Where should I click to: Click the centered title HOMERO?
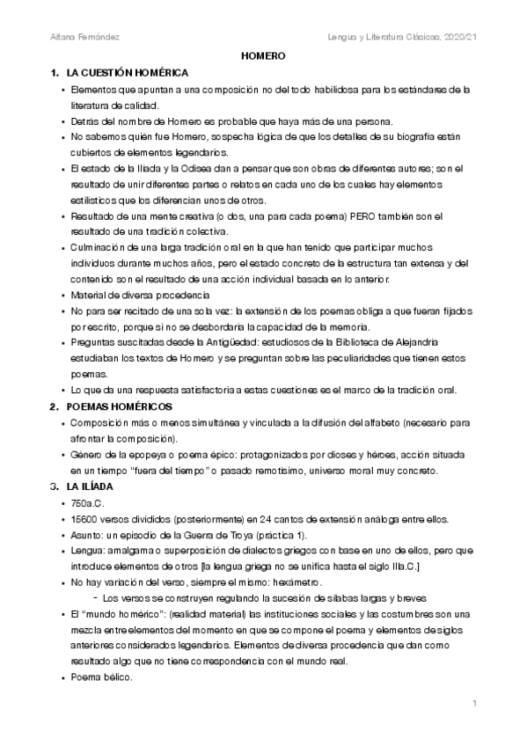263,55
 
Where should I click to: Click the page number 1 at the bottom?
474,703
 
